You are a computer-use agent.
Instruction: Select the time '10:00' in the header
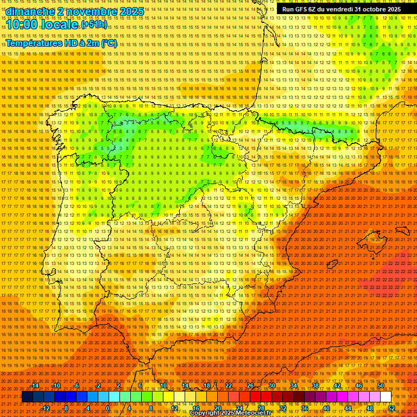24,24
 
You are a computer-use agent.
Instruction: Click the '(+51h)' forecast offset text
94,24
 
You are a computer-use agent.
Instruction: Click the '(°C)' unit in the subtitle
109,43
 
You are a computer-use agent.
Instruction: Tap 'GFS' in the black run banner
301,9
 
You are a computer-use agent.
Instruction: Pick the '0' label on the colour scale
108,408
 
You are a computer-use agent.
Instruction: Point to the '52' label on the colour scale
391,408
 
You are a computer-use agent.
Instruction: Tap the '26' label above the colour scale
250,386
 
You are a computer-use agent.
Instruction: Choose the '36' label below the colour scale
304,408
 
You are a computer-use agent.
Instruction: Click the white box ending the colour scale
386,397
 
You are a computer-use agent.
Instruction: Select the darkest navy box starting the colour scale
27,397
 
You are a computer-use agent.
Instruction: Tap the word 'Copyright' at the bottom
209,413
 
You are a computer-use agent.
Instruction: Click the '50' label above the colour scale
381,386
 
